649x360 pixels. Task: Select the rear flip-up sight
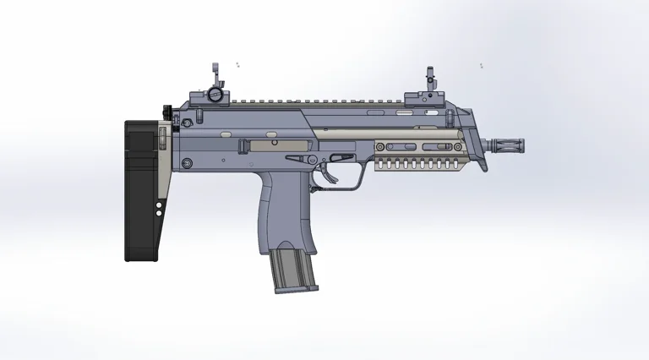coord(216,85)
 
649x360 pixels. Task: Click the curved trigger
coord(326,168)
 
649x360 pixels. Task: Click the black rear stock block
coord(141,190)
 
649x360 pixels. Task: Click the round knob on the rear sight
coord(217,95)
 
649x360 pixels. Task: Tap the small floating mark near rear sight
coord(237,63)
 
